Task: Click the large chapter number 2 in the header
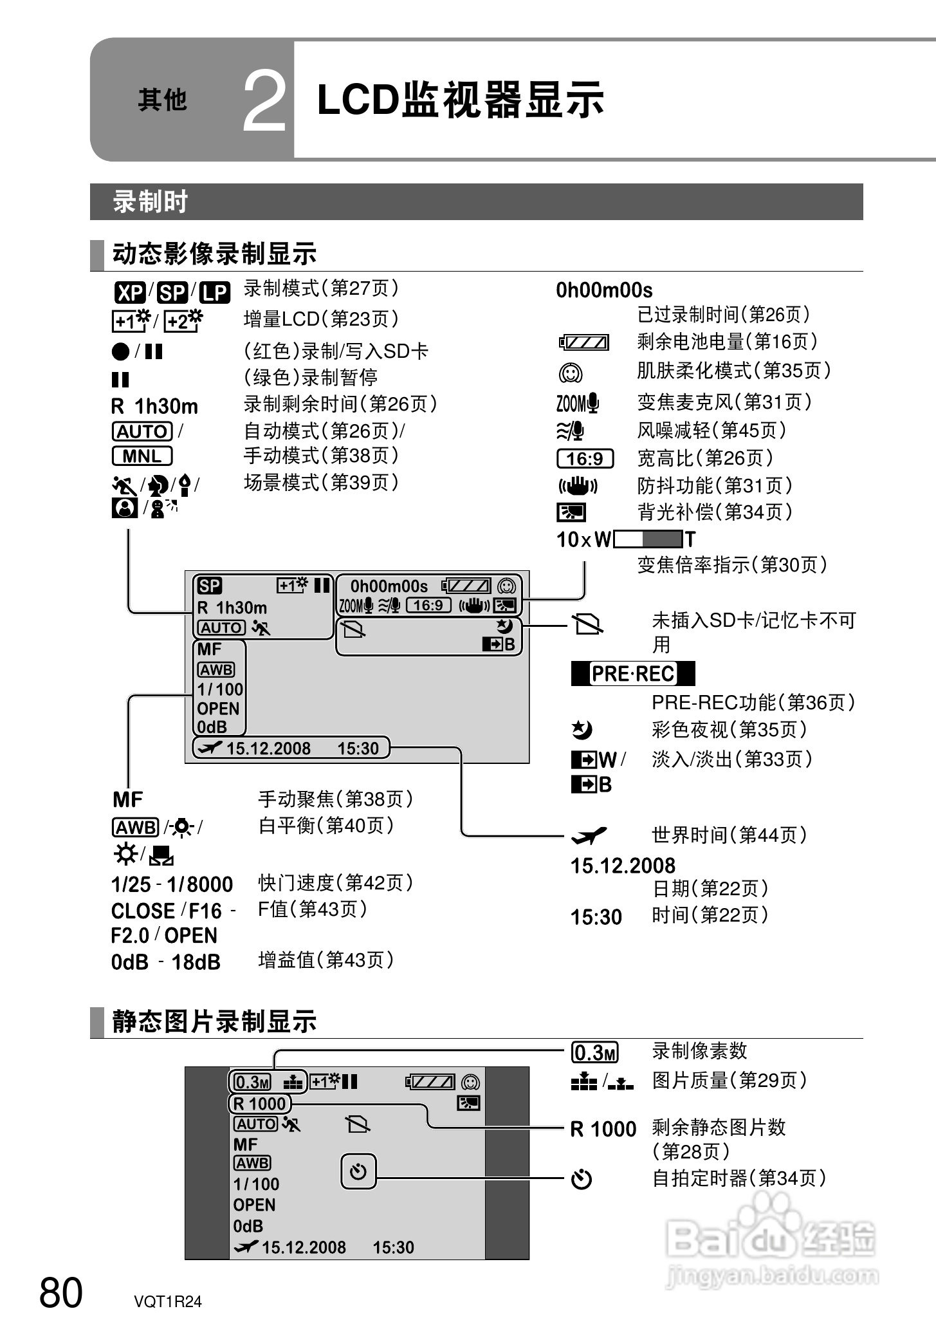tap(264, 102)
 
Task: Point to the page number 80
tap(61, 1292)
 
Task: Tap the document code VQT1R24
tap(168, 1301)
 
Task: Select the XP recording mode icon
tap(130, 293)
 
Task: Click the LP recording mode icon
tap(214, 293)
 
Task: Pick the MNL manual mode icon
tap(142, 456)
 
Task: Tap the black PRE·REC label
tap(633, 673)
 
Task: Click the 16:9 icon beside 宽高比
tap(585, 458)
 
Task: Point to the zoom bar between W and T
tap(648, 539)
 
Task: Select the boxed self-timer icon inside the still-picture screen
tap(358, 1171)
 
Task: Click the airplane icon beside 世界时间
tap(589, 835)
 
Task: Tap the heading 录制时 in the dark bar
tap(150, 201)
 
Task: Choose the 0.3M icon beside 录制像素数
tap(595, 1053)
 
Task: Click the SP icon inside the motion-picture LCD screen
tap(210, 586)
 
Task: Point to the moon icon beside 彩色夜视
tap(582, 729)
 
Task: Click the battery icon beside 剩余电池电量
tap(583, 342)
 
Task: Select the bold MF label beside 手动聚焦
tap(127, 799)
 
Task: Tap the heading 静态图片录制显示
tap(214, 1021)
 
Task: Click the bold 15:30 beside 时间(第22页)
tap(596, 916)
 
